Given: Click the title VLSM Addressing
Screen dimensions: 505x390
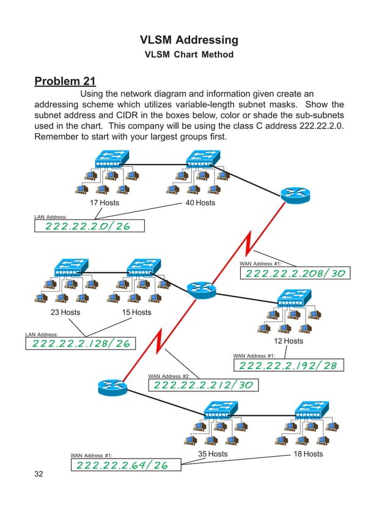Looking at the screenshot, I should click(189, 40).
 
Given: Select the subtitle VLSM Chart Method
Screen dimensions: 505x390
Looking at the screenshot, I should click(189, 55).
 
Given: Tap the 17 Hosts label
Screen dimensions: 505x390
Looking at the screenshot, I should click(105, 203).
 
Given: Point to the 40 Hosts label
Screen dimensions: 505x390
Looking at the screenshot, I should click(200, 203).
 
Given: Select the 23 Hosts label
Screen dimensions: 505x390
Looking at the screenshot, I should click(65, 312).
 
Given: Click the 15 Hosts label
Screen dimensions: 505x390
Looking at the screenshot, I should click(136, 312).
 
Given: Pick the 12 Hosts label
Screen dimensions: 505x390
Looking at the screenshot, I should click(288, 341).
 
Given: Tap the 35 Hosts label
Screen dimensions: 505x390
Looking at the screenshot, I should click(213, 454).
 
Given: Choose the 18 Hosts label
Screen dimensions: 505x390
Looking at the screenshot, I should click(308, 454).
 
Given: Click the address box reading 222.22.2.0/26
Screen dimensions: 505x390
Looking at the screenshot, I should click(89, 226).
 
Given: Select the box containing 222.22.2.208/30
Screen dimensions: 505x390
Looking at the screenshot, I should click(295, 273).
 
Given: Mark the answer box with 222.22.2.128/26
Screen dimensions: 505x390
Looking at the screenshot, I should click(81, 344).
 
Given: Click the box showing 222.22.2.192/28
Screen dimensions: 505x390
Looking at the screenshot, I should click(289, 366).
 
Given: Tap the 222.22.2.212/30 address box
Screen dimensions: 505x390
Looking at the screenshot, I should click(203, 385).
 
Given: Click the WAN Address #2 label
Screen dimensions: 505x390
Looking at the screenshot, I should click(169, 376).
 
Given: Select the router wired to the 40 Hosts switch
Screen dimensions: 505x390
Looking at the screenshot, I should click(296, 194).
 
